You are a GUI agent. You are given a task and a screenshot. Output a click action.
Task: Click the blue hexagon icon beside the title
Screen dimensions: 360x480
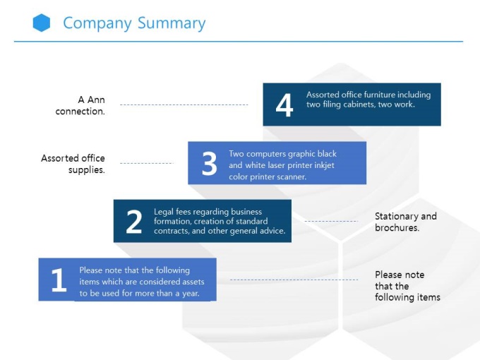tap(42, 23)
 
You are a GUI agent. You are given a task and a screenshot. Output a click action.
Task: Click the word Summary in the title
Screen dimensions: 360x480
tap(172, 23)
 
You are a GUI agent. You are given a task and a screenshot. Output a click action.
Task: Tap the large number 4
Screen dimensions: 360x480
tap(284, 106)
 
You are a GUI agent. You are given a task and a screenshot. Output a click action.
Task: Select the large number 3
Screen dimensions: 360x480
tap(209, 164)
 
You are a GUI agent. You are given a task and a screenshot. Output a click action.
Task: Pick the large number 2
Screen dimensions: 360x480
tap(133, 222)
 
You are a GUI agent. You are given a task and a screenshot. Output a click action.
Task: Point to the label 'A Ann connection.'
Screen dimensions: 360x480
tap(83, 106)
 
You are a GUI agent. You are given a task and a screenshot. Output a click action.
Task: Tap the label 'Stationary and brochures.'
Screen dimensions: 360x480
tap(406, 222)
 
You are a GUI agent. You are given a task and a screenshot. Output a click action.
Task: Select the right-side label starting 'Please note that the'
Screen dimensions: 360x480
tap(407, 286)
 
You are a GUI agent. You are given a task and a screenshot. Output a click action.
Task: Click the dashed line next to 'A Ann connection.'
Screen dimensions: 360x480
tap(184, 105)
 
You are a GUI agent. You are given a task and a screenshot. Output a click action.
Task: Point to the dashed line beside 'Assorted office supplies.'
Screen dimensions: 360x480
tap(146, 164)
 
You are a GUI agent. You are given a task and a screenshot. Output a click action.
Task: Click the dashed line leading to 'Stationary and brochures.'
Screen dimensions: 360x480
tap(330, 222)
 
